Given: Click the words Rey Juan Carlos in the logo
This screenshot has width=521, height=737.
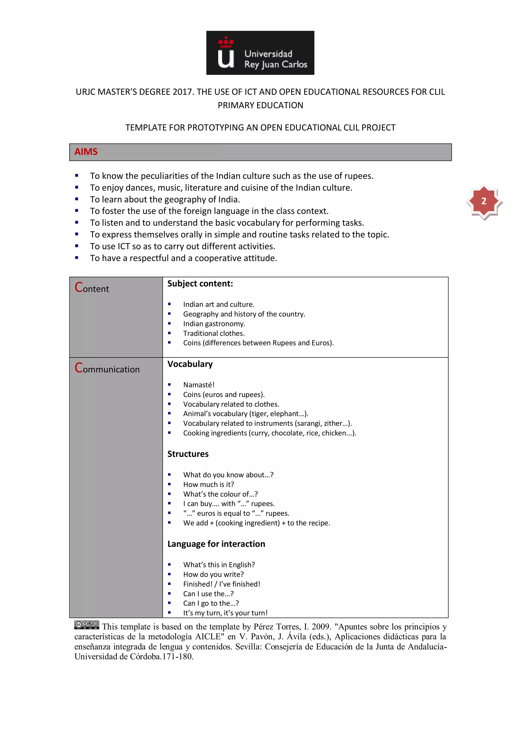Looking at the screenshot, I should click(x=276, y=65).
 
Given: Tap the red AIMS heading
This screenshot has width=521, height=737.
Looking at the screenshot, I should click(x=86, y=152).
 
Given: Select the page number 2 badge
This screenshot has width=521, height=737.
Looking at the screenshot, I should click(x=484, y=201).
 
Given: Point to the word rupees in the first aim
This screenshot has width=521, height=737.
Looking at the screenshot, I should click(x=358, y=176).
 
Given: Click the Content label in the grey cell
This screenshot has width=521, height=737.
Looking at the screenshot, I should click(x=92, y=288).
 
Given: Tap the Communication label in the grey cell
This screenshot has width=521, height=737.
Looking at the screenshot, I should click(x=107, y=368).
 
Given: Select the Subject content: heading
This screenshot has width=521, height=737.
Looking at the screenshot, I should click(x=200, y=284).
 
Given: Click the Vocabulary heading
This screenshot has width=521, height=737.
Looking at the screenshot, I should click(x=190, y=364).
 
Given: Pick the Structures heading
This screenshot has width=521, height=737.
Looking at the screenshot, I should click(x=188, y=454).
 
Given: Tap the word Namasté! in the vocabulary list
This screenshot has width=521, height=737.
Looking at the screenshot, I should click(x=199, y=385).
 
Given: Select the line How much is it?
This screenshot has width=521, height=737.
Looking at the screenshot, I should click(x=209, y=484).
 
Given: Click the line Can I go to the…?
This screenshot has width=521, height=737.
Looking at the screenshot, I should click(x=211, y=603).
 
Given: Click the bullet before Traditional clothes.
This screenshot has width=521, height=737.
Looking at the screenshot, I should click(x=169, y=333).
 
